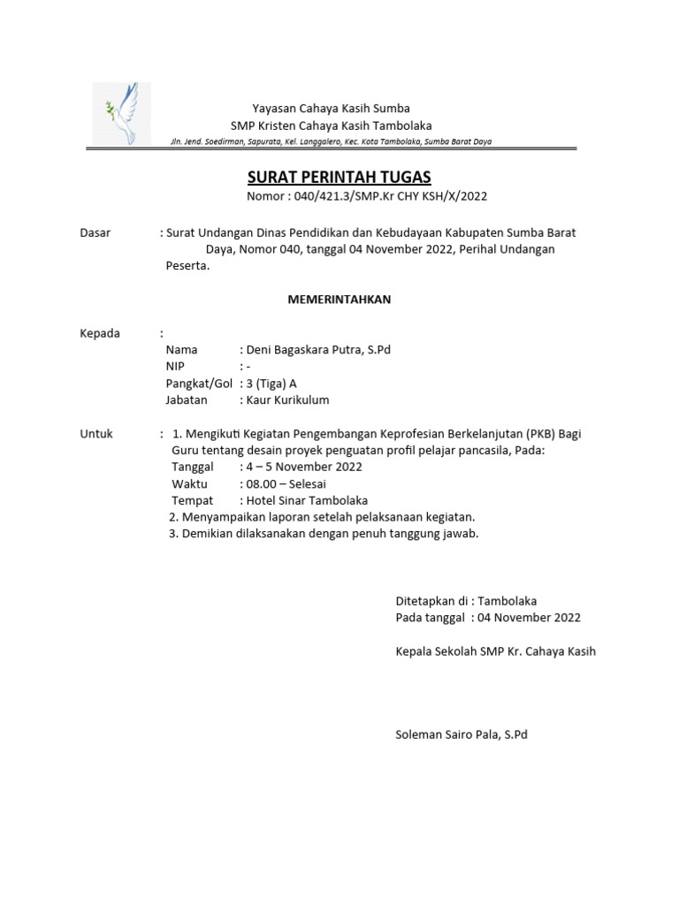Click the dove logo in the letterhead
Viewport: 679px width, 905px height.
[x=122, y=113]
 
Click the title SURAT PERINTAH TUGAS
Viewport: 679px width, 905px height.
[x=339, y=179]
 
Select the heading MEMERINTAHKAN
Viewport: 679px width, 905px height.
[x=339, y=300]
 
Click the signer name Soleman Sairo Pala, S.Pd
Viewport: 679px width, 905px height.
[x=461, y=734]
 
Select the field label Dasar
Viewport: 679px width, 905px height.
[x=95, y=233]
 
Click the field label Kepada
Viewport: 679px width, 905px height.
[x=100, y=333]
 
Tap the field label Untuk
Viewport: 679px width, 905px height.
[x=96, y=434]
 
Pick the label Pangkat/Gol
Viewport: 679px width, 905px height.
[x=198, y=384]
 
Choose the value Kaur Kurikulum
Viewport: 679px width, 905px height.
[x=287, y=400]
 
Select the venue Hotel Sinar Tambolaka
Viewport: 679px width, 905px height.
[x=307, y=501]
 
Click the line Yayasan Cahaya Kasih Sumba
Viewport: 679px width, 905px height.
[x=331, y=109]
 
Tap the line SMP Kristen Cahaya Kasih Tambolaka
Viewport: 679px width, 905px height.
[x=331, y=125]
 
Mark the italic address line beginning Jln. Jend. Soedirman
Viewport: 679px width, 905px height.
[x=331, y=141]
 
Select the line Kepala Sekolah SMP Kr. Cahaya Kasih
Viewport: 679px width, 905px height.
[x=495, y=651]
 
